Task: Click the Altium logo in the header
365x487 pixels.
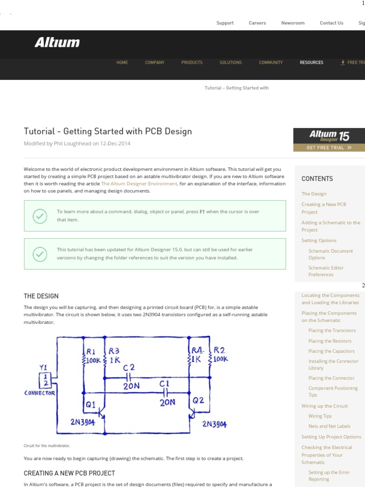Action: (x=57, y=43)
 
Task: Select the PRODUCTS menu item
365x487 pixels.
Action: (x=192, y=62)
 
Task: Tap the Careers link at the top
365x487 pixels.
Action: (x=257, y=23)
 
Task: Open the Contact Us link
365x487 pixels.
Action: (x=331, y=23)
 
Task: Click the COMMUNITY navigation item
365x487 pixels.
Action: (x=270, y=62)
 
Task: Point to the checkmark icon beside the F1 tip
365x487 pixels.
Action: (x=39, y=216)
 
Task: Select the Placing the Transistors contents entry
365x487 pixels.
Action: (x=332, y=331)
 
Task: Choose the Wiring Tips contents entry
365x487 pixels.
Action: (x=320, y=416)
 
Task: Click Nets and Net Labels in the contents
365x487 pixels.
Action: (x=329, y=426)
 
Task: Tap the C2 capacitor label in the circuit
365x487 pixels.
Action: (x=129, y=368)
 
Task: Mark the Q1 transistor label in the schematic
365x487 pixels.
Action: (x=90, y=405)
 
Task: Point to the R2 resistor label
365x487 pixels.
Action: (x=220, y=350)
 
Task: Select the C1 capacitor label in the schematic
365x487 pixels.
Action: (x=164, y=383)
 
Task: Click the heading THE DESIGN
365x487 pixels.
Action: (x=41, y=296)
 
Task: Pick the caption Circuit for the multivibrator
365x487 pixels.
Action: (x=47, y=446)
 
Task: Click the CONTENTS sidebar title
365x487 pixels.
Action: (x=317, y=179)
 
